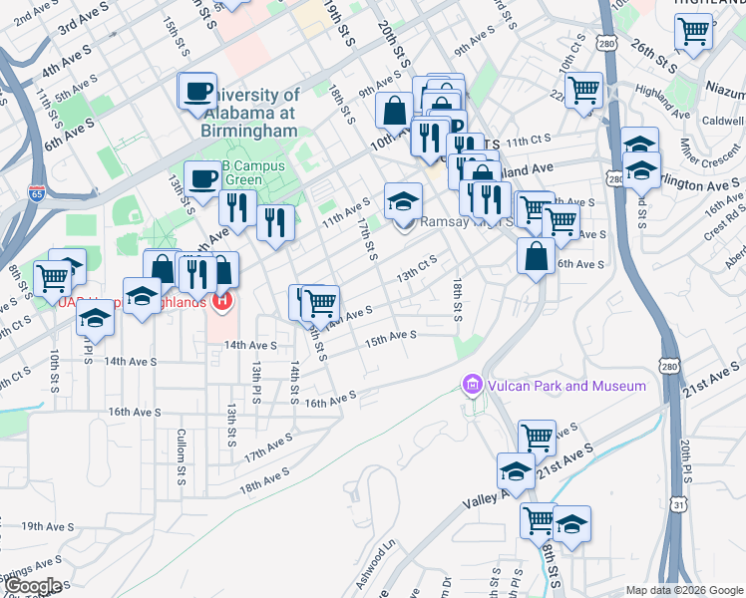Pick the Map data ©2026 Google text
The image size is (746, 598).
pos(684,590)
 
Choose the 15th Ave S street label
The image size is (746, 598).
pos(390,339)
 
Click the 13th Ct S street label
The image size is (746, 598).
pos(418,269)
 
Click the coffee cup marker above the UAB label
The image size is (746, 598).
pos(197,92)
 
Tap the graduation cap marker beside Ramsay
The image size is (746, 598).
pos(402,201)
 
